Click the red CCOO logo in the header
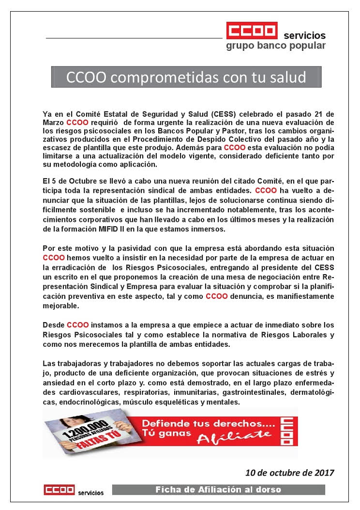pos(252,30)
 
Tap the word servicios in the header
pos(304,36)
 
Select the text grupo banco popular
pos(276,46)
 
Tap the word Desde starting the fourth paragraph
pos(53,325)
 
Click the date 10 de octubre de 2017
pos(289,471)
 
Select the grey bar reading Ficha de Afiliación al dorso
pos(218,490)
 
